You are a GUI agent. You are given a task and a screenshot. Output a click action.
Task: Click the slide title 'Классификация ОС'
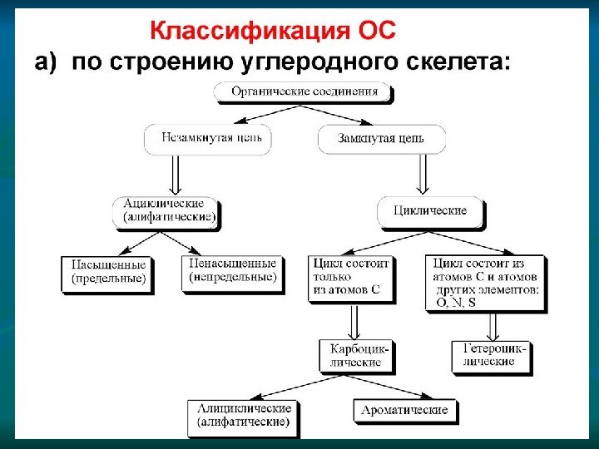(274, 32)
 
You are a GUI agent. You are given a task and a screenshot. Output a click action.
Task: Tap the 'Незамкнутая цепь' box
(207, 139)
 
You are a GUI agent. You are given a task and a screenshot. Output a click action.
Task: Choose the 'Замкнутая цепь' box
(381, 139)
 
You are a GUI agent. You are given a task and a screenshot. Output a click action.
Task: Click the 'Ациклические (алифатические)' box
(169, 210)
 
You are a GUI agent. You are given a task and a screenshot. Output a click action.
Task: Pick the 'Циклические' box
(429, 210)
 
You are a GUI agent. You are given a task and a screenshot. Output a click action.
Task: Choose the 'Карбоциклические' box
(354, 355)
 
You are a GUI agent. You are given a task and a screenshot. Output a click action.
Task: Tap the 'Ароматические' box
(404, 410)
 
